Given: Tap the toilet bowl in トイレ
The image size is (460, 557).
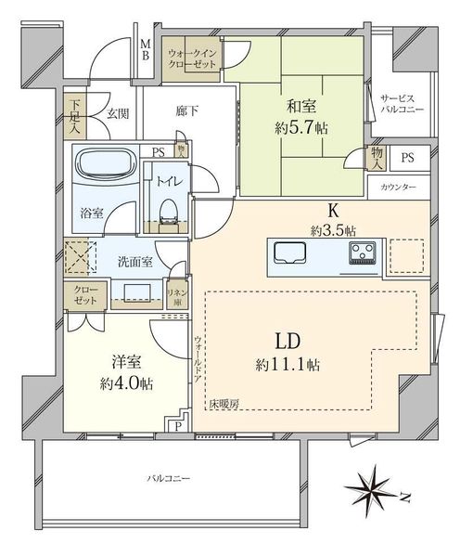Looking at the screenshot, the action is click(x=169, y=211).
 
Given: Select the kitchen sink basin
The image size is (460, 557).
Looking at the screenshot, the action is click(x=290, y=253).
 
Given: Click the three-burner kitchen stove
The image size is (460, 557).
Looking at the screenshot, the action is click(x=363, y=253).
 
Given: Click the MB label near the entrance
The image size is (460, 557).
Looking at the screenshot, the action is click(x=146, y=50).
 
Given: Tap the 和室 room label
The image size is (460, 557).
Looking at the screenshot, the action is click(x=301, y=106).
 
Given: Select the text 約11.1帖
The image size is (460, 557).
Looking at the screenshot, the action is click(x=287, y=365).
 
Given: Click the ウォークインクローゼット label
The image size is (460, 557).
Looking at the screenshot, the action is click(x=192, y=59).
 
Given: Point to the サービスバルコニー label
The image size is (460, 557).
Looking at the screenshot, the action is click(x=402, y=104).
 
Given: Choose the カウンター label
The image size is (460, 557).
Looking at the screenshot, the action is click(x=398, y=188).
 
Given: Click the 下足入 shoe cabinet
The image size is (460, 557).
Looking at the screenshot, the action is click(x=74, y=115).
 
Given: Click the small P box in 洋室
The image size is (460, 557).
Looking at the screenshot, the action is click(x=178, y=426).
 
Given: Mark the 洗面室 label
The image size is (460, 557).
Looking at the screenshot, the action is click(x=134, y=262).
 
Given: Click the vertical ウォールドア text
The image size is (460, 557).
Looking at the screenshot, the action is click(x=198, y=358).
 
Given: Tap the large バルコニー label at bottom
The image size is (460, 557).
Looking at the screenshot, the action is click(x=169, y=478).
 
